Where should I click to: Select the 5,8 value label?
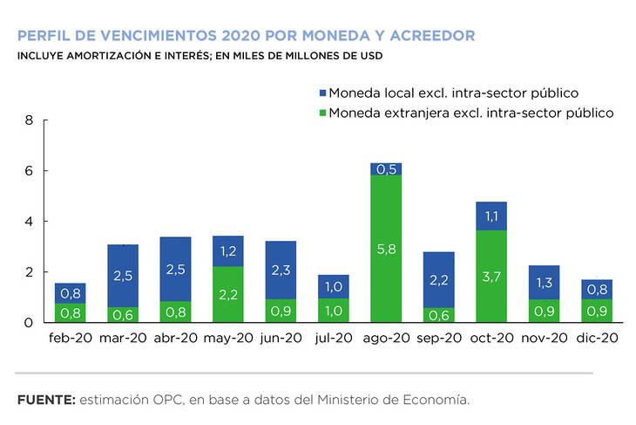tap(386, 249)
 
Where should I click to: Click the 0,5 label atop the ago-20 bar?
tap(386, 169)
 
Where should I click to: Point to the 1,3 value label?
tap(545, 282)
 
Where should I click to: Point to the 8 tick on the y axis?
tap(29, 120)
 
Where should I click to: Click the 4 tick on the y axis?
tap(29, 222)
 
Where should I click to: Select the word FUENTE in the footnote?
tap(44, 400)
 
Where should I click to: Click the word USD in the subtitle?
tap(369, 57)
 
